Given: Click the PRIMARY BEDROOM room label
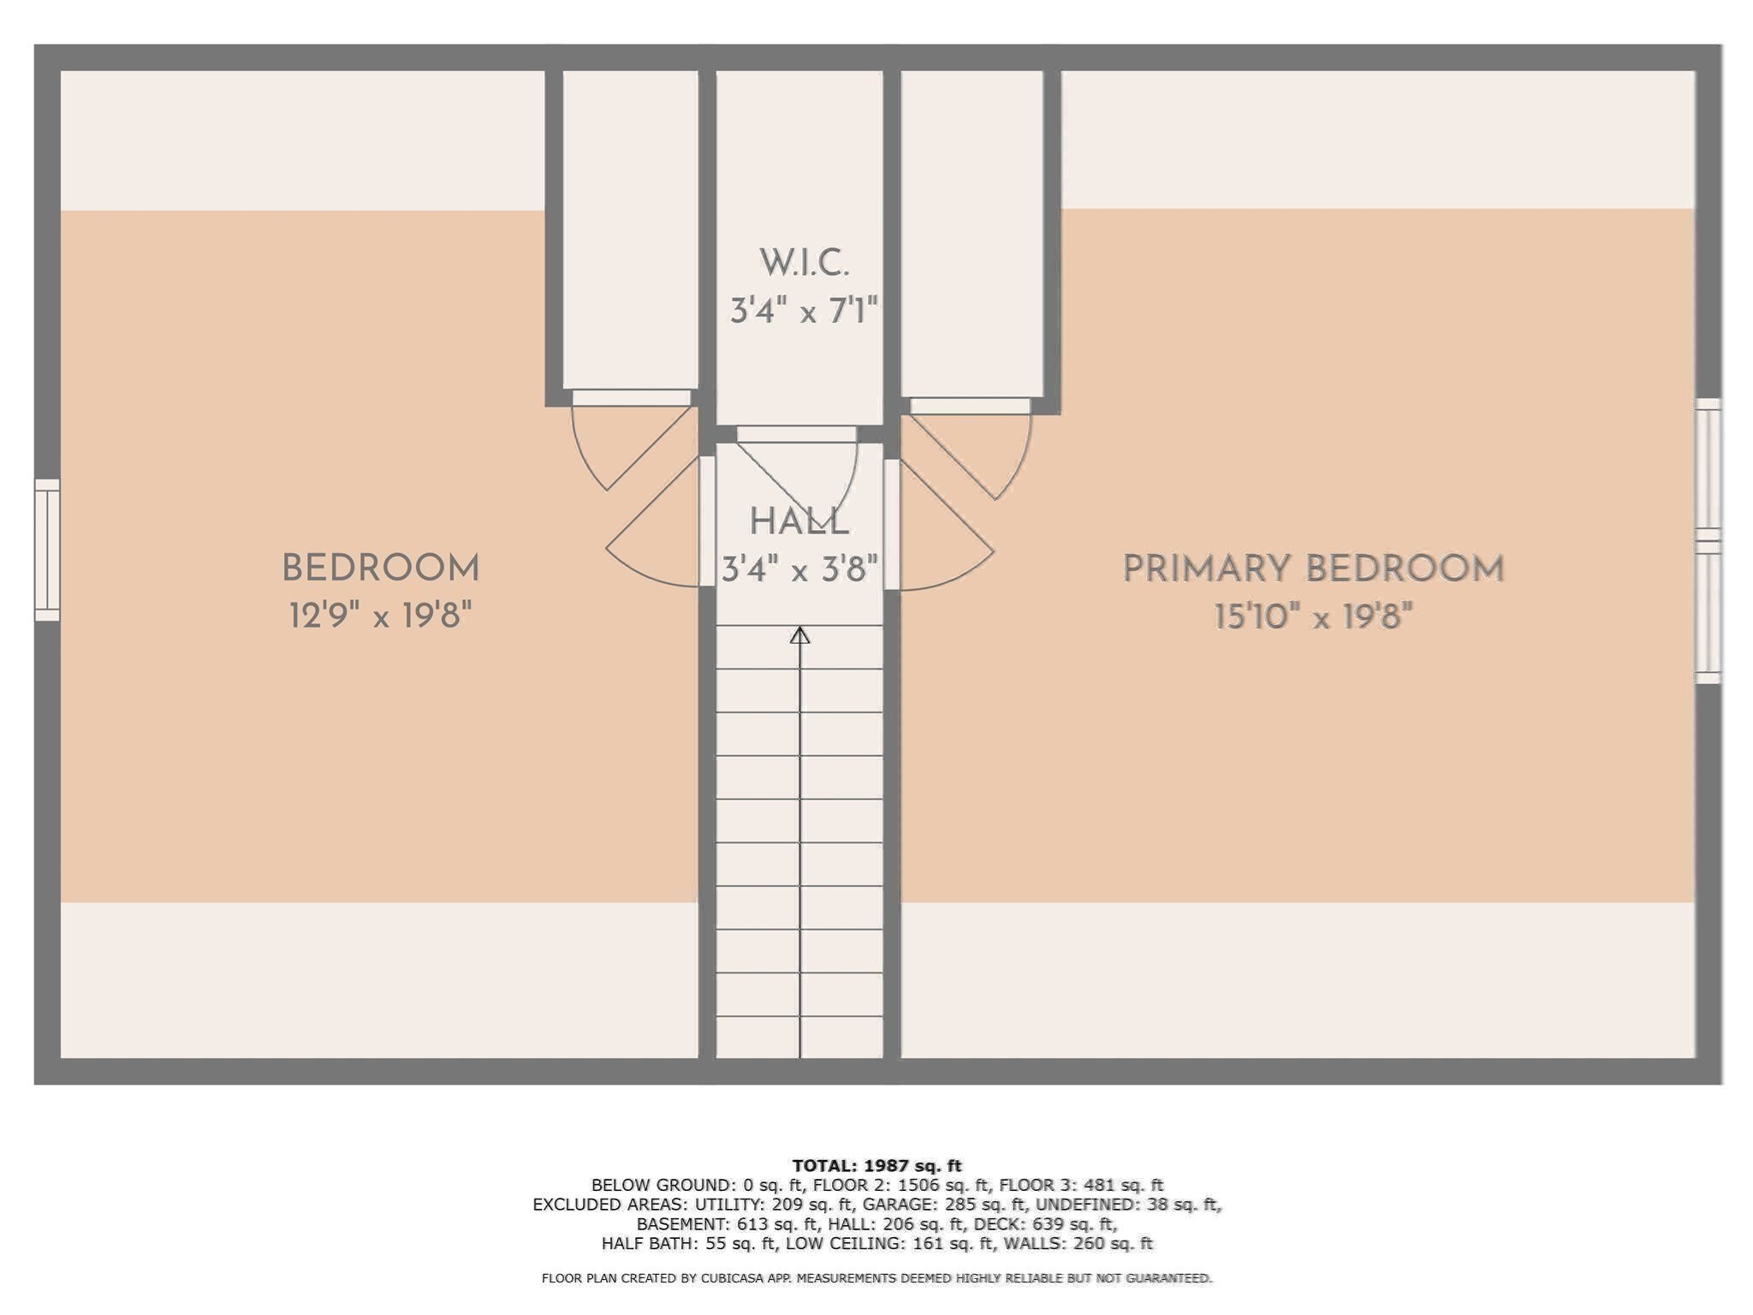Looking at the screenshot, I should (1312, 569).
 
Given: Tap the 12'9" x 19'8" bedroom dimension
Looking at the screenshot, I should (380, 615).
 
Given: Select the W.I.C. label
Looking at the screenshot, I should (804, 263).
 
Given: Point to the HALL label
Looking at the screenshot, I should (799, 521).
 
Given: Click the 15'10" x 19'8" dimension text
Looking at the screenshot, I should (1312, 616).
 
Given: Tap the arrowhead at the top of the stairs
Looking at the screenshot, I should (799, 635).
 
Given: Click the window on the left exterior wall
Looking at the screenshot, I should (47, 550).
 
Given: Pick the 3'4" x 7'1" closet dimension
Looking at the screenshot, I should (804, 310).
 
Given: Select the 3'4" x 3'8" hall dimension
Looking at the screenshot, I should (799, 568).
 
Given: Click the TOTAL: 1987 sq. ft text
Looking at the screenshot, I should (876, 1165).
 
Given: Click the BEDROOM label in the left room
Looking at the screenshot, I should (380, 568).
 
